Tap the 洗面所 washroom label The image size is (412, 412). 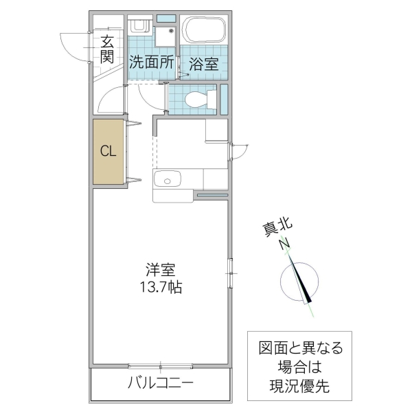tap(151, 61)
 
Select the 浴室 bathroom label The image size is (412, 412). tap(203, 64)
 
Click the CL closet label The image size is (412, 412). tap(108, 151)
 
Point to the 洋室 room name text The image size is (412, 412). tap(158, 269)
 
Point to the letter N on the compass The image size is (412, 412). tap(284, 242)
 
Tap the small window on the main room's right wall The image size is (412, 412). tap(231, 273)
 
